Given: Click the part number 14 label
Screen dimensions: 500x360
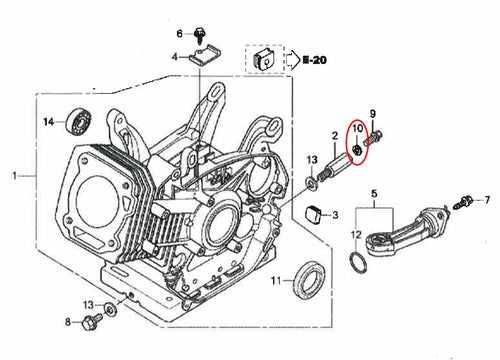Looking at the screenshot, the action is (49, 122).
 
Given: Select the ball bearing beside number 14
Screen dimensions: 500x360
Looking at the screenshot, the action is (79, 121).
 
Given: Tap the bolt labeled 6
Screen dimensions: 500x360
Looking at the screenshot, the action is (199, 35).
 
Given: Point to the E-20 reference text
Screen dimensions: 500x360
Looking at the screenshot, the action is (314, 60).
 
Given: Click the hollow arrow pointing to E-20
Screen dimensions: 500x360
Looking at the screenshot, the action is (293, 60).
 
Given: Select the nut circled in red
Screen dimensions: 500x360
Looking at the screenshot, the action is (357, 150).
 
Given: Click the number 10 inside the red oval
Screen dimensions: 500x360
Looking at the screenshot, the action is (357, 128).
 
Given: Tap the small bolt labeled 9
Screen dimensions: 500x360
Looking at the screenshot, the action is (374, 137).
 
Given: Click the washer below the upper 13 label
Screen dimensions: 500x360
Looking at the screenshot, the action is (312, 183).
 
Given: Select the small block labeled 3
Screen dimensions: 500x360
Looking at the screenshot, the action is (314, 215).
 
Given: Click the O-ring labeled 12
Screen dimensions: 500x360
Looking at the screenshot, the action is (358, 263).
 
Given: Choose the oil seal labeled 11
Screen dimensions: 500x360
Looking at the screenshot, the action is (310, 280).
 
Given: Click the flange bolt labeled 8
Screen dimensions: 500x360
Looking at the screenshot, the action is (92, 321).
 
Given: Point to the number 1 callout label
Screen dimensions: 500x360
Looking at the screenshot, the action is (14, 175).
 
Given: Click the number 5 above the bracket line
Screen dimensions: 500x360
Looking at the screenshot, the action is (374, 193).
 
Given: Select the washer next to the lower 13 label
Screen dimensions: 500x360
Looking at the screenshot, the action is (110, 309).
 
